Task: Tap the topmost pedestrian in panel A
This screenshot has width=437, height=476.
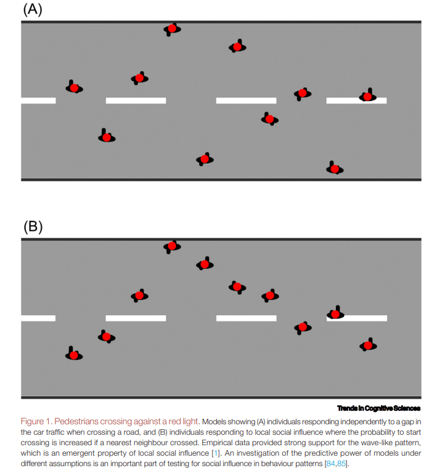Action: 172,28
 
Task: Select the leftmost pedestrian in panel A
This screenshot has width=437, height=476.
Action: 74,87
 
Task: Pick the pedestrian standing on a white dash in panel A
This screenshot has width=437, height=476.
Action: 367,96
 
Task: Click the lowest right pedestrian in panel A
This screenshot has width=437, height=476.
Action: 334,168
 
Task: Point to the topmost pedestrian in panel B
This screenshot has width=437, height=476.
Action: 172,246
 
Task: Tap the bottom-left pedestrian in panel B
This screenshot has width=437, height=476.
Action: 74,355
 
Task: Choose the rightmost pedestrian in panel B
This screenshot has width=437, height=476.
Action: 368,345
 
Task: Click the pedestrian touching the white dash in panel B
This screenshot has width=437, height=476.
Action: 335,313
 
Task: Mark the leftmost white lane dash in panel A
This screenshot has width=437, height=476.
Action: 38,100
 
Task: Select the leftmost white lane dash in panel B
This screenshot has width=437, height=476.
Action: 38,318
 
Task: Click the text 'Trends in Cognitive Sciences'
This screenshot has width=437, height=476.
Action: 378,408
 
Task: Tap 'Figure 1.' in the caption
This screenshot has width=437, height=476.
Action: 36,422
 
